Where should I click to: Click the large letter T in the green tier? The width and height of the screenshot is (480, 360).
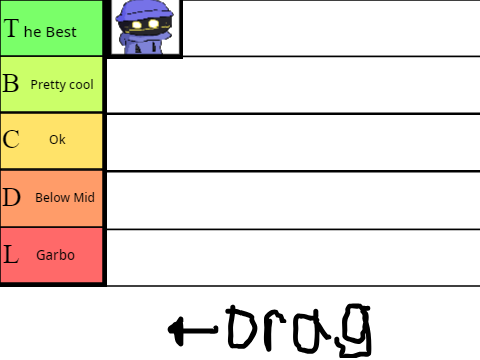click(x=12, y=28)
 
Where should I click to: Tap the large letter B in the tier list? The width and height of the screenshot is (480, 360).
click(x=11, y=83)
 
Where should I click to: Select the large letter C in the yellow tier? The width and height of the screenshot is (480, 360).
click(x=11, y=139)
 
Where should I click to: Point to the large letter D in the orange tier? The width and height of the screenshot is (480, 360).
click(x=12, y=197)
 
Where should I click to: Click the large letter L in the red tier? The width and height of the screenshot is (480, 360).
click(x=11, y=254)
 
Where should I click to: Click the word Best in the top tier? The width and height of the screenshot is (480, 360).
click(x=61, y=32)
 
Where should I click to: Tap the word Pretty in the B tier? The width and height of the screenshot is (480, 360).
click(x=49, y=85)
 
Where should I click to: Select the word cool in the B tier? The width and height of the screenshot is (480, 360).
click(x=81, y=85)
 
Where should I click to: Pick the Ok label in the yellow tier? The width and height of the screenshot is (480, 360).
click(x=57, y=139)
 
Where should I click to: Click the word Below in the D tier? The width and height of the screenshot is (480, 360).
click(x=53, y=197)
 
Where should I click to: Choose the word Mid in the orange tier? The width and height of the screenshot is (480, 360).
click(x=84, y=197)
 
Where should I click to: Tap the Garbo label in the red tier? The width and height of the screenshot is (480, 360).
click(x=55, y=255)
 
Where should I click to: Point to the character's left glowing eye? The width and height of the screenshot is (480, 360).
click(x=137, y=25)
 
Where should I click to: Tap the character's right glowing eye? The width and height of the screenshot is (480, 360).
click(x=153, y=24)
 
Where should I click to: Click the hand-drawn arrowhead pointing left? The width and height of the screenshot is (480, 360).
click(x=177, y=330)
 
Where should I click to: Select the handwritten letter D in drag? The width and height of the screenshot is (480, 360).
click(x=242, y=327)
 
